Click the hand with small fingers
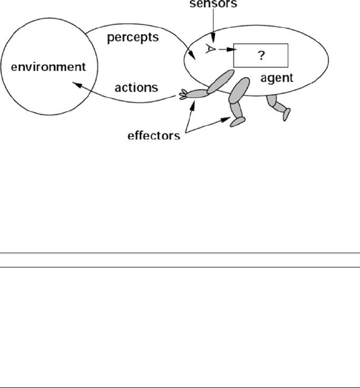[x=184, y=94]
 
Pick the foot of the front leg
[x=237, y=122]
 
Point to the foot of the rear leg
[x=286, y=113]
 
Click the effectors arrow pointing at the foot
[x=211, y=126]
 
